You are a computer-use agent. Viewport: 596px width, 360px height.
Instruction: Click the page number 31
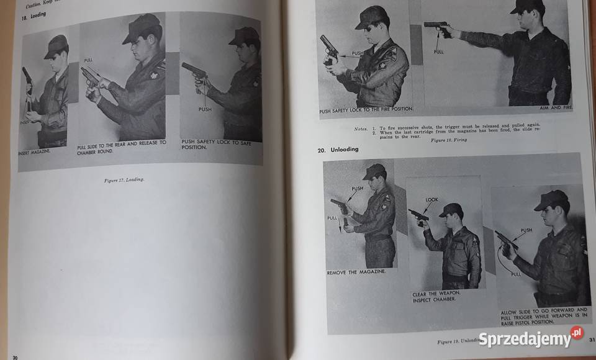592,339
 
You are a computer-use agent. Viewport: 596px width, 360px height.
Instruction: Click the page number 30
14,356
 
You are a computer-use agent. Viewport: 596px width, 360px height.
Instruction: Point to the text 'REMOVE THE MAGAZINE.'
356,272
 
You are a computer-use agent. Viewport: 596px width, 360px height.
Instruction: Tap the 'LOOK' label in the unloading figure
431,200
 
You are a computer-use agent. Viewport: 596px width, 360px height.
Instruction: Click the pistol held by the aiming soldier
436,26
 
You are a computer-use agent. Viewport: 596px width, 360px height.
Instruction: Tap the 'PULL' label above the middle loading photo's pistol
88,60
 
